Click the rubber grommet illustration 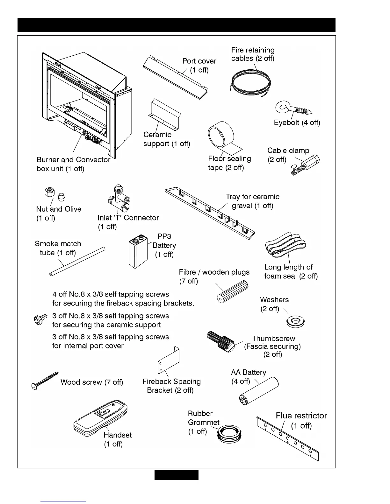[229, 434]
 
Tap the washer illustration [296, 322]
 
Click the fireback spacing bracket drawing [169, 360]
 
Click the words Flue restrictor [301, 416]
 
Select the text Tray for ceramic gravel [252, 201]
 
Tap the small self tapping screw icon [40, 319]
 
